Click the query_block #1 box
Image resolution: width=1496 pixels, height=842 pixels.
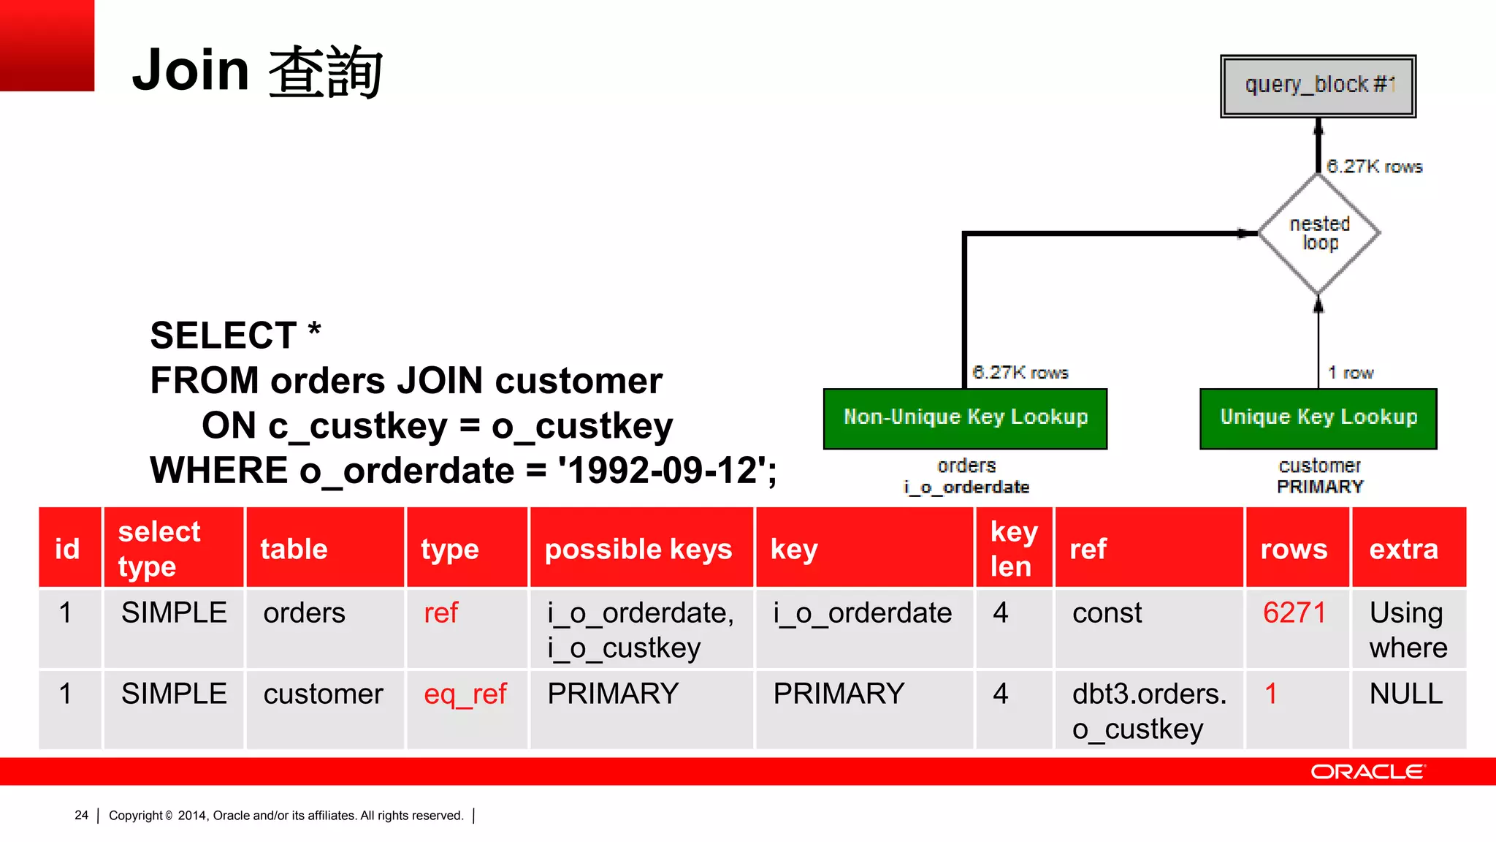click(x=1318, y=86)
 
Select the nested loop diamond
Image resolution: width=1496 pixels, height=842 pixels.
click(x=1319, y=233)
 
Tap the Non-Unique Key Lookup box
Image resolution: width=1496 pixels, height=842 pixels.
click(x=965, y=418)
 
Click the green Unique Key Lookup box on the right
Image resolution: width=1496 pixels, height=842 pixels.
click(x=1318, y=418)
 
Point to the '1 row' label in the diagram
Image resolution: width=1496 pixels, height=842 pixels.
click(x=1350, y=373)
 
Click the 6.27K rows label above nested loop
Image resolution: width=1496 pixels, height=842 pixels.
click(x=1374, y=167)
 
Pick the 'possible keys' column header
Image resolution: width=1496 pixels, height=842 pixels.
click(x=638, y=549)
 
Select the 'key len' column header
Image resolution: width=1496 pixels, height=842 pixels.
click(x=1013, y=549)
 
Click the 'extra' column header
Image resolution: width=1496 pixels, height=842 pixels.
click(x=1403, y=549)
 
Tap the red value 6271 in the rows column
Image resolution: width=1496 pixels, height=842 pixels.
click(x=1294, y=612)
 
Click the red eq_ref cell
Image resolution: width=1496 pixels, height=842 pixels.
click(x=465, y=694)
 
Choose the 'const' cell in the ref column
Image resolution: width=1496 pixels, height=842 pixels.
click(x=1107, y=612)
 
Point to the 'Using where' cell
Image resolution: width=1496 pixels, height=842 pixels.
click(x=1408, y=629)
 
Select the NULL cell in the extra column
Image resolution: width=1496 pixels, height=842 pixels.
click(x=1405, y=694)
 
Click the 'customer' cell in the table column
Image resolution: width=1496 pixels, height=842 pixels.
click(x=323, y=694)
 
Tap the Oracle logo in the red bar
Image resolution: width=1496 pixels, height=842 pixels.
click(x=1367, y=772)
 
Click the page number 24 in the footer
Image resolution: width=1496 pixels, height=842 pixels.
click(x=81, y=815)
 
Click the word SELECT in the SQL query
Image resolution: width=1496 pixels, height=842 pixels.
click(x=223, y=335)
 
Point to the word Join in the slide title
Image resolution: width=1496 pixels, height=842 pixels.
click(x=191, y=70)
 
